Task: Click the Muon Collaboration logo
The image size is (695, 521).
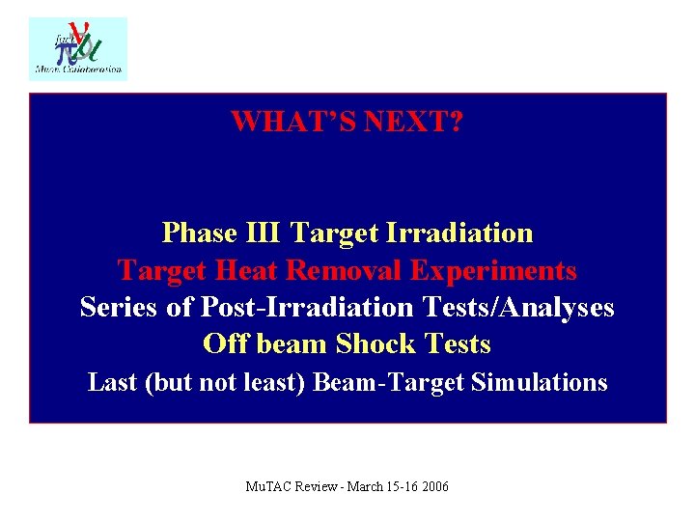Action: (x=78, y=47)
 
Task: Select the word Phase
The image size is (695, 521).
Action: (x=200, y=233)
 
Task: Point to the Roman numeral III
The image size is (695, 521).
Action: (x=264, y=233)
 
